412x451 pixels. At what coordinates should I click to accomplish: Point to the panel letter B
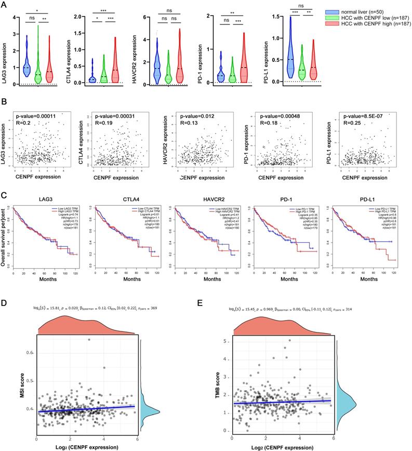5,104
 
